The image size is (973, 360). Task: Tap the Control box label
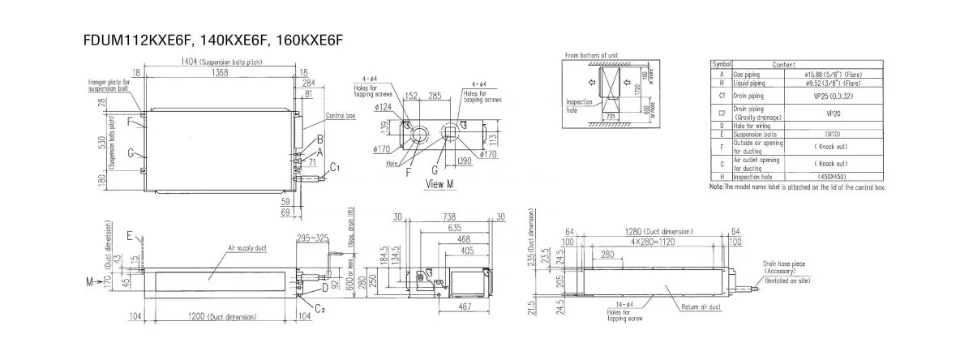coord(341,115)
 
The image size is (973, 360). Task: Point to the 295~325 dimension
coord(314,238)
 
